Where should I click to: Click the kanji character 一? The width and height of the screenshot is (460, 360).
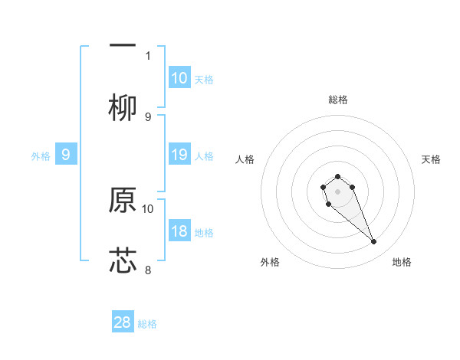tap(123, 45)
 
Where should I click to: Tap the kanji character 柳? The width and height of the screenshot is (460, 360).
tap(123, 108)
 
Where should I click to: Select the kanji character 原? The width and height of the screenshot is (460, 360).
tap(123, 199)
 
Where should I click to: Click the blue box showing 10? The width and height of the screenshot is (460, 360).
tap(179, 78)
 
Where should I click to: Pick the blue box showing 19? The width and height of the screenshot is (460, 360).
tap(179, 155)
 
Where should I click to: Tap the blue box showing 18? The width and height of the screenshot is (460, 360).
tap(179, 231)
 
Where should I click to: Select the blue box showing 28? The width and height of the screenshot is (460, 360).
tap(123, 322)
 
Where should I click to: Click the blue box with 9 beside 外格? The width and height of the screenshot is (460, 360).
tap(66, 155)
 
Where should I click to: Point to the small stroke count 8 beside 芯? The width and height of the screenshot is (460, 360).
tap(148, 270)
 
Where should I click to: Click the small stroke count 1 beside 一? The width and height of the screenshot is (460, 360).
tap(148, 55)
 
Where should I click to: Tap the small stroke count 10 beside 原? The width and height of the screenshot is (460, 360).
tap(148, 208)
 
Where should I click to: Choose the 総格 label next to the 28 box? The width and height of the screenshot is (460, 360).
tap(147, 324)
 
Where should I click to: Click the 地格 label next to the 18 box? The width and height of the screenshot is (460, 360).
tap(204, 233)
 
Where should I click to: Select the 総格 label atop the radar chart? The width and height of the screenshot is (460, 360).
tap(338, 100)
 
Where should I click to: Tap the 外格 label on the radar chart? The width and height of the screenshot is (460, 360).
tap(270, 262)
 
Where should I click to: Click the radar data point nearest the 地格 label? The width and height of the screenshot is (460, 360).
tap(374, 242)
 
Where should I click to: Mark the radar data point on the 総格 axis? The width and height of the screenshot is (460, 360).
tap(338, 177)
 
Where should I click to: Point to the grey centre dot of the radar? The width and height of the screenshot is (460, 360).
tap(338, 191)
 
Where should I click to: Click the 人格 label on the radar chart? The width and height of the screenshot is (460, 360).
tap(245, 159)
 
